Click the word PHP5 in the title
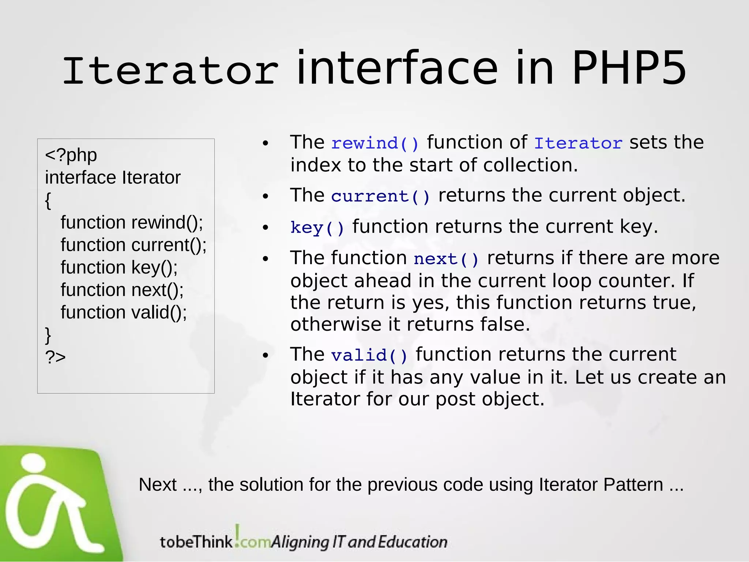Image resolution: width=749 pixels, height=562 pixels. click(x=628, y=69)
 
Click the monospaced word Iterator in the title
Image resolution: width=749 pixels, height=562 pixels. click(x=170, y=71)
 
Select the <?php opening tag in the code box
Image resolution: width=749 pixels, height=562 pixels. click(x=71, y=155)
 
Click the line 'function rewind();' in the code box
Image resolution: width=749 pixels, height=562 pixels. click(x=132, y=222)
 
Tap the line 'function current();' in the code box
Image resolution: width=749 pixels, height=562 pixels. click(x=133, y=245)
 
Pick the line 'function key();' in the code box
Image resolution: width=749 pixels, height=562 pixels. click(x=119, y=267)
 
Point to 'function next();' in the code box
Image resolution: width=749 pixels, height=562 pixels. click(x=122, y=290)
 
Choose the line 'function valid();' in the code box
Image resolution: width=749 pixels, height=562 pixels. click(x=124, y=312)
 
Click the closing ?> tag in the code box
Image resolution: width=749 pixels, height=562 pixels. click(x=55, y=357)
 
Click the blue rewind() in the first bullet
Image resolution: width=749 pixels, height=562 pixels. click(x=375, y=143)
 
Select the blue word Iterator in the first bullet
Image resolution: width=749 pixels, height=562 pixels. click(x=578, y=143)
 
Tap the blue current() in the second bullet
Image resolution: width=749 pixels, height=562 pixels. click(x=380, y=196)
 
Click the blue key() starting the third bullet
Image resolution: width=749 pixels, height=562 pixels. click(x=317, y=228)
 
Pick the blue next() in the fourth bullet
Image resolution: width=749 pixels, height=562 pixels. click(x=446, y=259)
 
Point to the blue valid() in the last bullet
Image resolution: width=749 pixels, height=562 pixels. click(x=369, y=356)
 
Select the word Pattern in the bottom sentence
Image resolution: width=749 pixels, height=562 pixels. click(x=633, y=485)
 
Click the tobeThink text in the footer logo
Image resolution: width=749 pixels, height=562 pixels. click(x=196, y=542)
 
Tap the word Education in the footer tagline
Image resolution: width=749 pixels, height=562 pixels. click(x=412, y=542)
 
